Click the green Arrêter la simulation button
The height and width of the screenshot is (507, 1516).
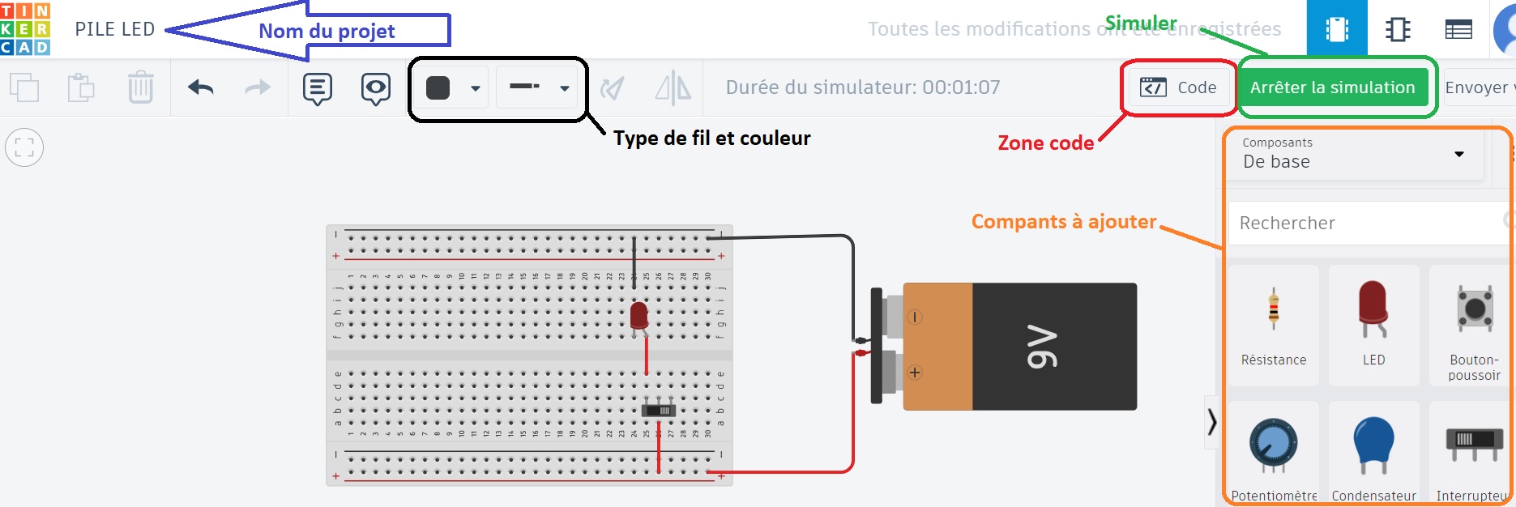pyautogui.click(x=1332, y=87)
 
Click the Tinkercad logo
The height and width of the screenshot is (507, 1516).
pyautogui.click(x=25, y=28)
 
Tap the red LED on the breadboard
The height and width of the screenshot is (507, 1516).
pyautogui.click(x=638, y=316)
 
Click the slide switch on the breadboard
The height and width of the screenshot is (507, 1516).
pyautogui.click(x=659, y=411)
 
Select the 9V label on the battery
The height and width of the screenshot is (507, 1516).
pyautogui.click(x=1042, y=347)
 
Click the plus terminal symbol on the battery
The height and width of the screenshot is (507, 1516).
pyautogui.click(x=915, y=373)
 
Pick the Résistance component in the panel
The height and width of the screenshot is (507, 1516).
pyautogui.click(x=1274, y=324)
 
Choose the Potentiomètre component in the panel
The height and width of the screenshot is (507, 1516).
pyautogui.click(x=1274, y=454)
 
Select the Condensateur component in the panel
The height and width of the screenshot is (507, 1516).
pyautogui.click(x=1373, y=454)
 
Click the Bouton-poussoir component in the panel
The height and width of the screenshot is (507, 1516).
pyautogui.click(x=1474, y=324)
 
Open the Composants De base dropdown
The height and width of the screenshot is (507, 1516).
pyautogui.click(x=1353, y=154)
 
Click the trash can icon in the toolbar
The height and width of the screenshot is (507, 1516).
pyautogui.click(x=140, y=87)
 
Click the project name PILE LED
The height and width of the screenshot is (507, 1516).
pyautogui.click(x=115, y=29)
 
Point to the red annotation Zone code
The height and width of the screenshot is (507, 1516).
pyautogui.click(x=1045, y=143)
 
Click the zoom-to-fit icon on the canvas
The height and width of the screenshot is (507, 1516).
pyautogui.click(x=24, y=147)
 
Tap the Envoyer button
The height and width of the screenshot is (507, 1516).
pyautogui.click(x=1476, y=87)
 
